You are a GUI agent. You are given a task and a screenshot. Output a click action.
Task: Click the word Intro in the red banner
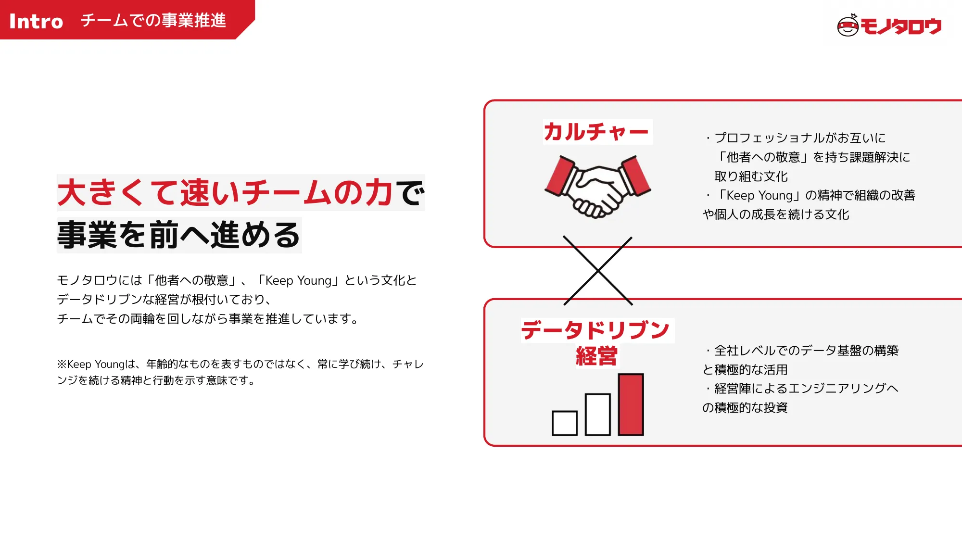36,21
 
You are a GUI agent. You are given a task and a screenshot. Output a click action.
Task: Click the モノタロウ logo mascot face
848,26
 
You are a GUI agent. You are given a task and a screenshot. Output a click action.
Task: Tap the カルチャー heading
596,132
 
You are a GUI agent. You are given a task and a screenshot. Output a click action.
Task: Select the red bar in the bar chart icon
631,404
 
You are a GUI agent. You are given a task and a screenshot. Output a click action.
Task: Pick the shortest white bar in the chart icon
565,423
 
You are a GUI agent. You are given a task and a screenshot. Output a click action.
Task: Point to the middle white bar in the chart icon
598,415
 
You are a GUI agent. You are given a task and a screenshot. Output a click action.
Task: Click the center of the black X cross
598,271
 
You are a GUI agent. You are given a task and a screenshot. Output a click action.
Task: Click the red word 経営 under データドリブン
596,356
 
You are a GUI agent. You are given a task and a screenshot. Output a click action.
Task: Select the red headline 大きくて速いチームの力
225,193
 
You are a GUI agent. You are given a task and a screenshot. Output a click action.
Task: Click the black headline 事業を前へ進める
178,235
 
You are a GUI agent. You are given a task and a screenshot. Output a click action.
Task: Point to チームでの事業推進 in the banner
153,20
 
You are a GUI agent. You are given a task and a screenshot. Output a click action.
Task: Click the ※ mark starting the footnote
62,364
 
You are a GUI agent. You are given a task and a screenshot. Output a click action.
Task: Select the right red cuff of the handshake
636,176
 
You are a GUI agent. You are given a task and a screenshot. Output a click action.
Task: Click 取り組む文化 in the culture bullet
751,176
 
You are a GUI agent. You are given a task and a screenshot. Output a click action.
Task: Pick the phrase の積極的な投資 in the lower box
745,408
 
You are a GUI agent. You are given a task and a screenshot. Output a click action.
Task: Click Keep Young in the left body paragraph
298,280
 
